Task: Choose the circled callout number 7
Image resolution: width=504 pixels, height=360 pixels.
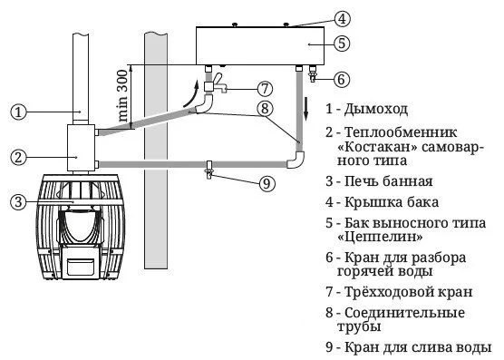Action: (264, 89)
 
